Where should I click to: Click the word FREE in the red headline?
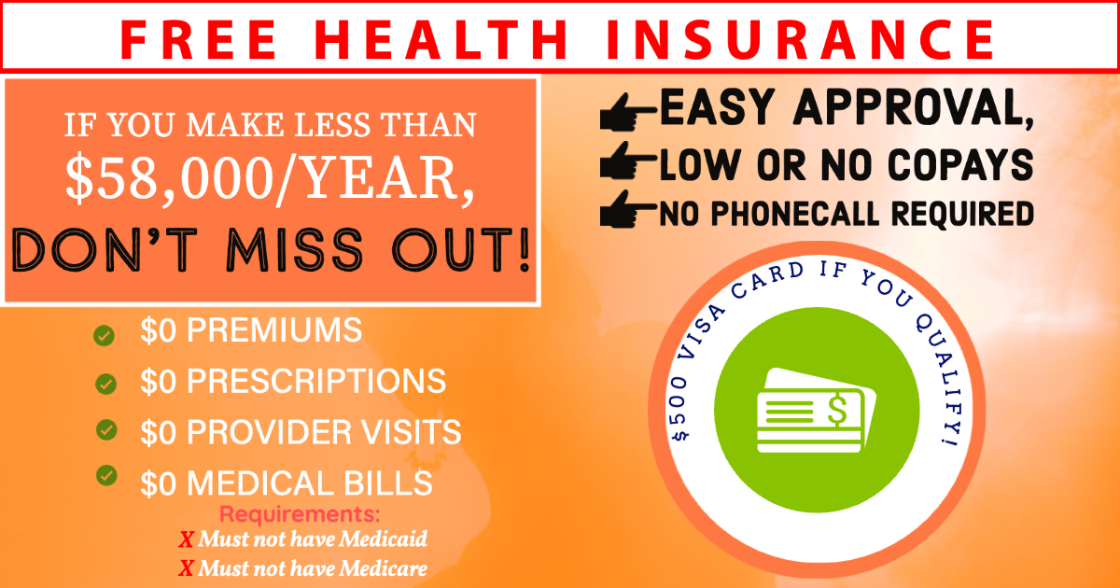(x=199, y=39)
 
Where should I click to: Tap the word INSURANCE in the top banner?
(x=801, y=39)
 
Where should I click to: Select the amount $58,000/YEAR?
(x=270, y=178)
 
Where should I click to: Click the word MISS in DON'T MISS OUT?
(x=295, y=250)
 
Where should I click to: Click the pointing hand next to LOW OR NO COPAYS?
(x=628, y=161)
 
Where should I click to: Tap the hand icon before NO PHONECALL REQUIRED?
(x=628, y=209)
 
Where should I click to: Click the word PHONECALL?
(x=795, y=214)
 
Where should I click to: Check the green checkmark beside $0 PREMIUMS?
(x=104, y=335)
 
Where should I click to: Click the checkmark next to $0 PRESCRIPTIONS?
(x=105, y=384)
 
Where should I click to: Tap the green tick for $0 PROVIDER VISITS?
(x=106, y=430)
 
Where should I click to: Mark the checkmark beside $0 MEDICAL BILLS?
(x=106, y=475)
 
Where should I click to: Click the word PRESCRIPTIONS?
(x=316, y=381)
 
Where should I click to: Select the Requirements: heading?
(x=300, y=514)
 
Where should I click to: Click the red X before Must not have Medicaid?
(x=186, y=540)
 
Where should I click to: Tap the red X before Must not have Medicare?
(x=186, y=568)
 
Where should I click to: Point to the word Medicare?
(x=384, y=568)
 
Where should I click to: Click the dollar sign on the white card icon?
(x=837, y=410)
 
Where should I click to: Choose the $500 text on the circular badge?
(x=681, y=408)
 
